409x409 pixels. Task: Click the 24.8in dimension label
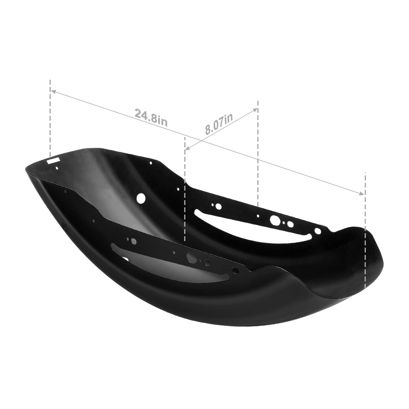151,116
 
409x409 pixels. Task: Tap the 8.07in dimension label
219,124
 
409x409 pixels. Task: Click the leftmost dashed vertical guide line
50,119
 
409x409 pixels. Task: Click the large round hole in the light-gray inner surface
141,198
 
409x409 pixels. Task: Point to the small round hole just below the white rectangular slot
57,168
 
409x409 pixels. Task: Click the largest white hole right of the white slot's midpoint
275,220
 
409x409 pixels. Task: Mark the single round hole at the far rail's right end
317,231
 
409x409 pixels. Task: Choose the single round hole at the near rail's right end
235,271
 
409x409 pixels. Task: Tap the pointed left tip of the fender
26,170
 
